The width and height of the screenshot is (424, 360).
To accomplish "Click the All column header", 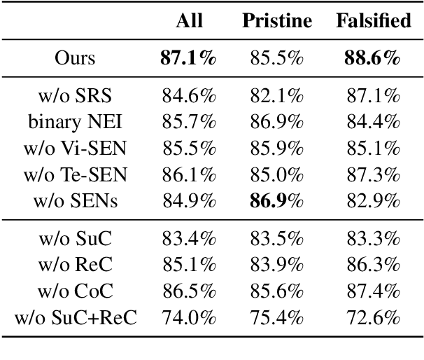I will click(189, 21).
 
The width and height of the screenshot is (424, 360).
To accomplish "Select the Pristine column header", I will click(277, 21).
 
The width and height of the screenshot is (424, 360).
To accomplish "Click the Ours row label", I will click(75, 58).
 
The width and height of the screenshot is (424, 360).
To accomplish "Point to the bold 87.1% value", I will click(188, 58).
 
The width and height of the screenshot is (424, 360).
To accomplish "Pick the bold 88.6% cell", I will click(373, 58).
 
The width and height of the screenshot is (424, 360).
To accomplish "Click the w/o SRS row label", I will click(75, 95).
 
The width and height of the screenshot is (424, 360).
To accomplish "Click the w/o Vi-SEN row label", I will click(75, 148).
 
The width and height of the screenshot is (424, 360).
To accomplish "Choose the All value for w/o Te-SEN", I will click(188, 175).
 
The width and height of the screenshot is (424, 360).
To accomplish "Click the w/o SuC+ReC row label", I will click(75, 319).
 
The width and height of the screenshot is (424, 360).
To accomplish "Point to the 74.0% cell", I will click(188, 319).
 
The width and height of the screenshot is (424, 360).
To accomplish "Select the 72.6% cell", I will click(373, 319).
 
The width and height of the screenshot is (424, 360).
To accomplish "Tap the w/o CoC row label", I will click(75, 292).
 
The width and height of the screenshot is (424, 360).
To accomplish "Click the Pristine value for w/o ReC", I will click(276, 265).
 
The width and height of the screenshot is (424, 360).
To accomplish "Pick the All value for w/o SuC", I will click(188, 239).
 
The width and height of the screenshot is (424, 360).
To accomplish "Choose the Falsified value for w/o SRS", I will click(373, 95).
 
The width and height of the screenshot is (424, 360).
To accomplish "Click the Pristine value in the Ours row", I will click(276, 58).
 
